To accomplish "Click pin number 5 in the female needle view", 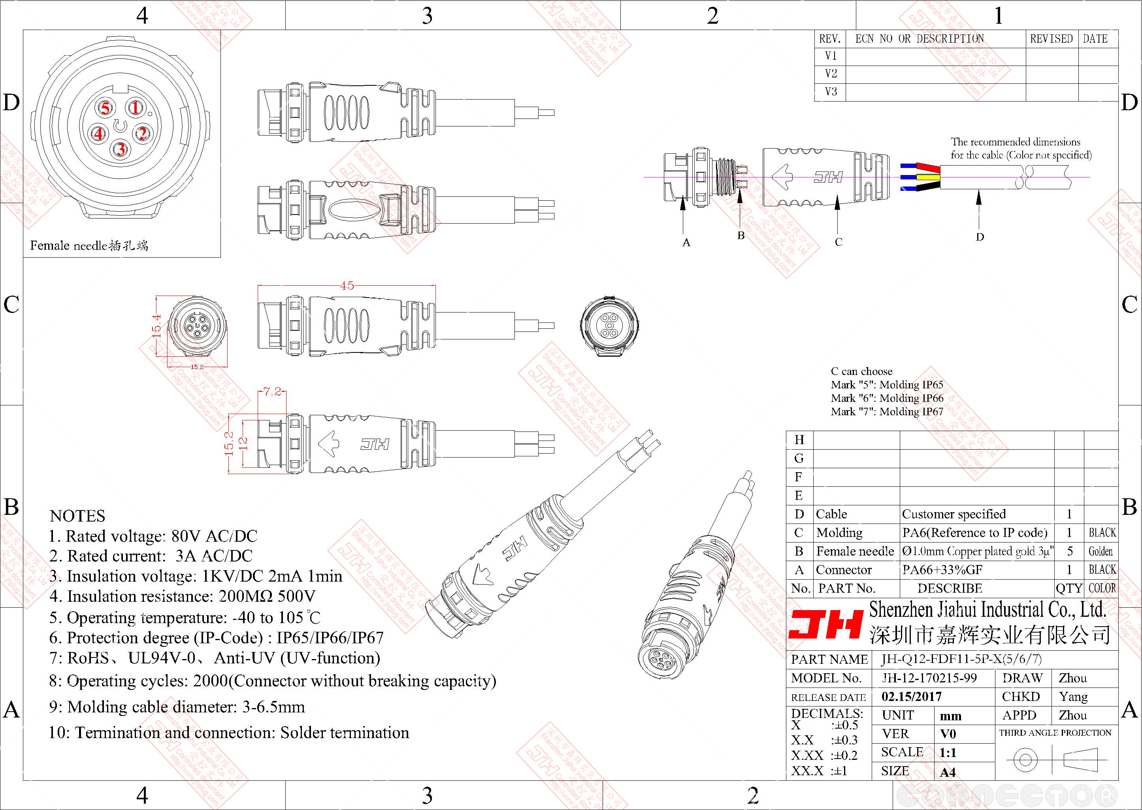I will coord(105,108).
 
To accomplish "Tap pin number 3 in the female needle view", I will coord(120,149).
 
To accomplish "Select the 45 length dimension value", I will coord(347,285).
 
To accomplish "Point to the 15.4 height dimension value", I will coord(156,326).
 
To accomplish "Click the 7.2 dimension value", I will coord(272,392).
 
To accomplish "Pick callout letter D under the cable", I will coord(980,237).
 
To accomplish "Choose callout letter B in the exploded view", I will coord(741,235).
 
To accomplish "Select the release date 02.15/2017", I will coord(912,696).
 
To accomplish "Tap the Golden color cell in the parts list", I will coord(1101,551).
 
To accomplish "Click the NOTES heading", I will coord(77,516).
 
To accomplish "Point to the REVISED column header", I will coord(1051,39).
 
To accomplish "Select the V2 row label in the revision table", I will coord(831,74).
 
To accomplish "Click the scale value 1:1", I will coord(948,753).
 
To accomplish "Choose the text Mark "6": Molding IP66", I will coord(887,398).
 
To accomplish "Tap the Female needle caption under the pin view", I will coord(89,245).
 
